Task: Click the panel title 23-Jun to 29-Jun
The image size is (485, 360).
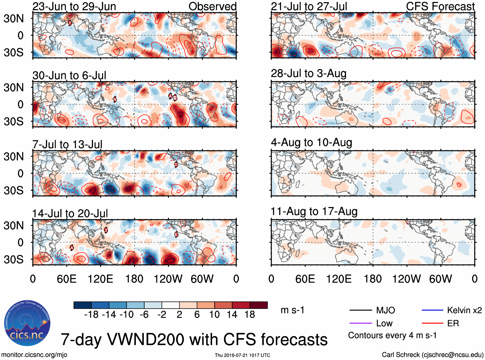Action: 74,6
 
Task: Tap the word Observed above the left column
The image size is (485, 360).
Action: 212,6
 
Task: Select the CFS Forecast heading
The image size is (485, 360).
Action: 440,6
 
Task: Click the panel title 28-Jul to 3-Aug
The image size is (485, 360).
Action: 309,74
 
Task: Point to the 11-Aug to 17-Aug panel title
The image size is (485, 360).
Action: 314,212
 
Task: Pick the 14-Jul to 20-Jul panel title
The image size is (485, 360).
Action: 70,214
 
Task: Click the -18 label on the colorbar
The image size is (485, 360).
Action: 91,314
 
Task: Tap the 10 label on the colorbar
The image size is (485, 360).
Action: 214,314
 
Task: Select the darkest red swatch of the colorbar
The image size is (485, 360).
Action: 259,305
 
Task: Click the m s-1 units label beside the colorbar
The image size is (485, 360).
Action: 292,310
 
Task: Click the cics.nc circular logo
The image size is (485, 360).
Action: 27,323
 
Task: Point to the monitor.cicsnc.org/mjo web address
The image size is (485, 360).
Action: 34,355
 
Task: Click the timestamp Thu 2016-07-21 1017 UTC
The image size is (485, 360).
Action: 242,355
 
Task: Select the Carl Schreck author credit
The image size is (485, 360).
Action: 432,355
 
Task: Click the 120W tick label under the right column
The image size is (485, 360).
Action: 406,279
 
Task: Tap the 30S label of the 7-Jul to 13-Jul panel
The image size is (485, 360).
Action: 13,190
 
